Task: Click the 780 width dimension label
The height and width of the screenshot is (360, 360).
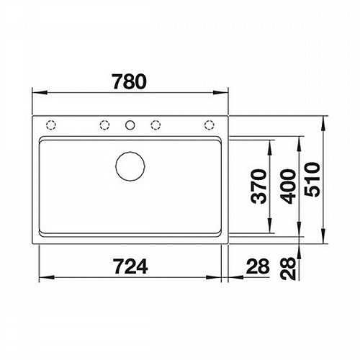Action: [130, 81]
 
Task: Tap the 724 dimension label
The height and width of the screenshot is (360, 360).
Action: [130, 266]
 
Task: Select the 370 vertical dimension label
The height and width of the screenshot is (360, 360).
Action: [258, 186]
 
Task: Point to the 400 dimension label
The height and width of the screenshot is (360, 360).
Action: [288, 186]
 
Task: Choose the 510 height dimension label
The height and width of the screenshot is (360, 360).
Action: [312, 179]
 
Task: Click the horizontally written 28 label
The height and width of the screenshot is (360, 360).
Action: [258, 266]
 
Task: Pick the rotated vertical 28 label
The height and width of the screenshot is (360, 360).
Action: [288, 269]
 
